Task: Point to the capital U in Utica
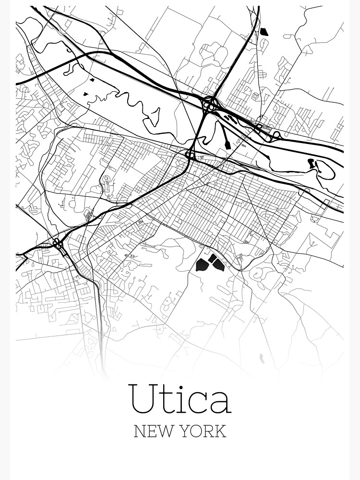(142, 398)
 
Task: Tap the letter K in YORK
(220, 431)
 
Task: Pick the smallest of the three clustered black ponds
(212, 259)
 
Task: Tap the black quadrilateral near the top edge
(264, 32)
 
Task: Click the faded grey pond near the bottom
(262, 358)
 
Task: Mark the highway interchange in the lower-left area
(59, 244)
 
